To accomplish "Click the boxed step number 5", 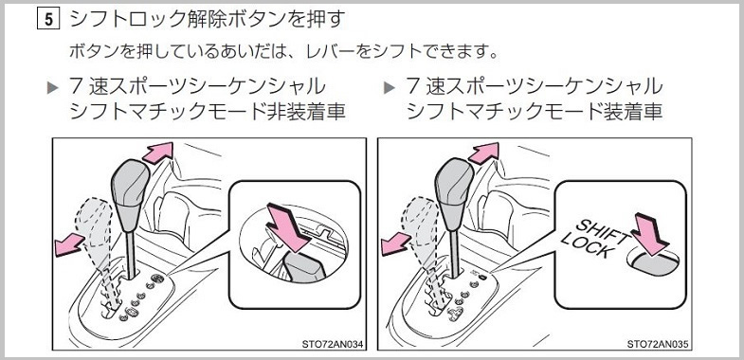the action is point(48,19).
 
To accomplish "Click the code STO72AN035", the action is point(657,344).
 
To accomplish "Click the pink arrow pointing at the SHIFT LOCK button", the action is point(650,234).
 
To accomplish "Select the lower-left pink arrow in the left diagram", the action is point(69,245).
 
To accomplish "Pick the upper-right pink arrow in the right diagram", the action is point(483,153).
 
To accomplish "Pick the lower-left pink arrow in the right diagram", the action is point(396,244).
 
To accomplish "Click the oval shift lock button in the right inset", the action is point(653,262).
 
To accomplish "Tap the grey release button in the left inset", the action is point(303,266).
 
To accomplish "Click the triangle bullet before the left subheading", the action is point(53,88).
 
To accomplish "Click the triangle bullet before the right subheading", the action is point(390,88).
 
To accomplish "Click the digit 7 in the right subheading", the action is point(412,86).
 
